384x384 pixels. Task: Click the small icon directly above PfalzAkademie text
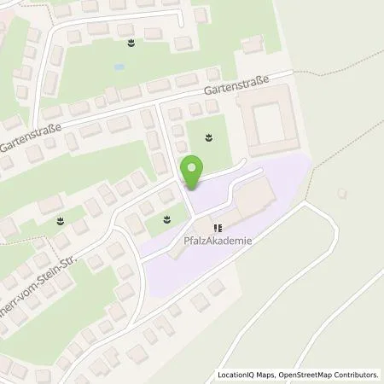(218, 228)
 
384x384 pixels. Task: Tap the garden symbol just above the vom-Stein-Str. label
(60, 221)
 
